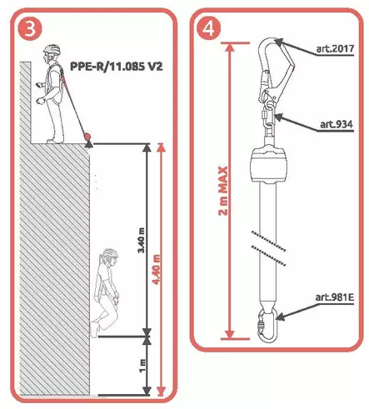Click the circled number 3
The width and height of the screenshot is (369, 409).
[x=30, y=29]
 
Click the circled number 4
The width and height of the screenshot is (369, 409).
[x=209, y=28]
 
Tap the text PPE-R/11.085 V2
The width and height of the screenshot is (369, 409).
[x=116, y=67]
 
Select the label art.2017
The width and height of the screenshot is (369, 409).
[x=335, y=48]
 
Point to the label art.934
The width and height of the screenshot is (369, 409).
[x=337, y=124]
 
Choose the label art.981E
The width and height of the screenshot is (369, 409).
[x=334, y=297]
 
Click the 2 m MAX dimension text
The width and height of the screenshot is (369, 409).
[x=223, y=191]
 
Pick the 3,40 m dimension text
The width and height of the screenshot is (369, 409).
[x=142, y=240]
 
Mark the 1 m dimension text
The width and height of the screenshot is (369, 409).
[x=142, y=367]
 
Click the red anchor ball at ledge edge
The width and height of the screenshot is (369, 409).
[x=88, y=137]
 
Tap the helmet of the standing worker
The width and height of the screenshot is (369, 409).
[x=52, y=49]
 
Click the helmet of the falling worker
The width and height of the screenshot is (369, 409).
[x=110, y=253]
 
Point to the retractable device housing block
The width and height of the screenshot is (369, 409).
[x=268, y=165]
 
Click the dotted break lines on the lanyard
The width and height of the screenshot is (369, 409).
[x=268, y=247]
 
